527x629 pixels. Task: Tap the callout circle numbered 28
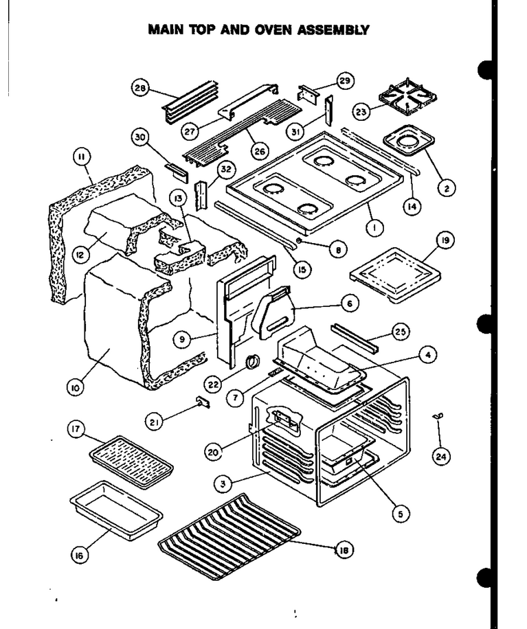tap(140, 88)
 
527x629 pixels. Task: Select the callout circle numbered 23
tap(361, 111)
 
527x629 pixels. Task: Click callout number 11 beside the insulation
tap(82, 157)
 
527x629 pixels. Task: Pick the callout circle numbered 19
tap(445, 240)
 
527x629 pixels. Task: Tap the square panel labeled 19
tap(395, 275)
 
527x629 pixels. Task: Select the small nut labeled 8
tap(300, 240)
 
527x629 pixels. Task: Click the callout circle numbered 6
tap(350, 304)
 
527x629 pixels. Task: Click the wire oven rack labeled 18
tap(229, 536)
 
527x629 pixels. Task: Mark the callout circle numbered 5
tap(400, 514)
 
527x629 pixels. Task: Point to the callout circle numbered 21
tap(155, 422)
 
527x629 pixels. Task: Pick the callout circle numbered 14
tap(412, 206)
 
